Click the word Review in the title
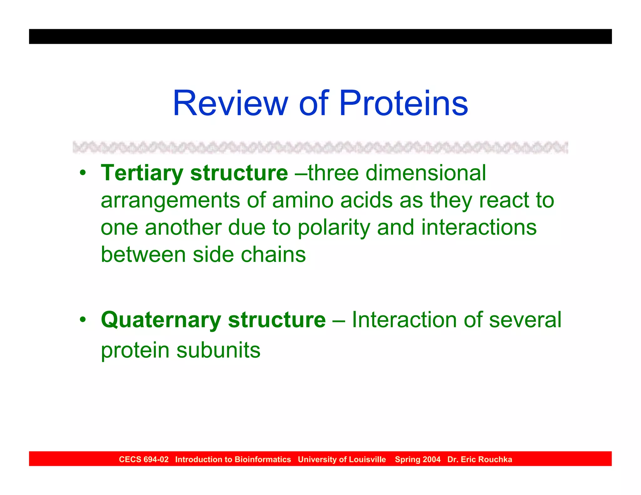[230, 103]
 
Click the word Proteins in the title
[403, 103]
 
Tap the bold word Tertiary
[142, 173]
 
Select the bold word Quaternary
[161, 320]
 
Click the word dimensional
[426, 173]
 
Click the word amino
[303, 200]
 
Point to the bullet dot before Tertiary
[82, 173]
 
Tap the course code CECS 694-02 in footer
[144, 459]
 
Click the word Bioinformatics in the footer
[263, 459]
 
